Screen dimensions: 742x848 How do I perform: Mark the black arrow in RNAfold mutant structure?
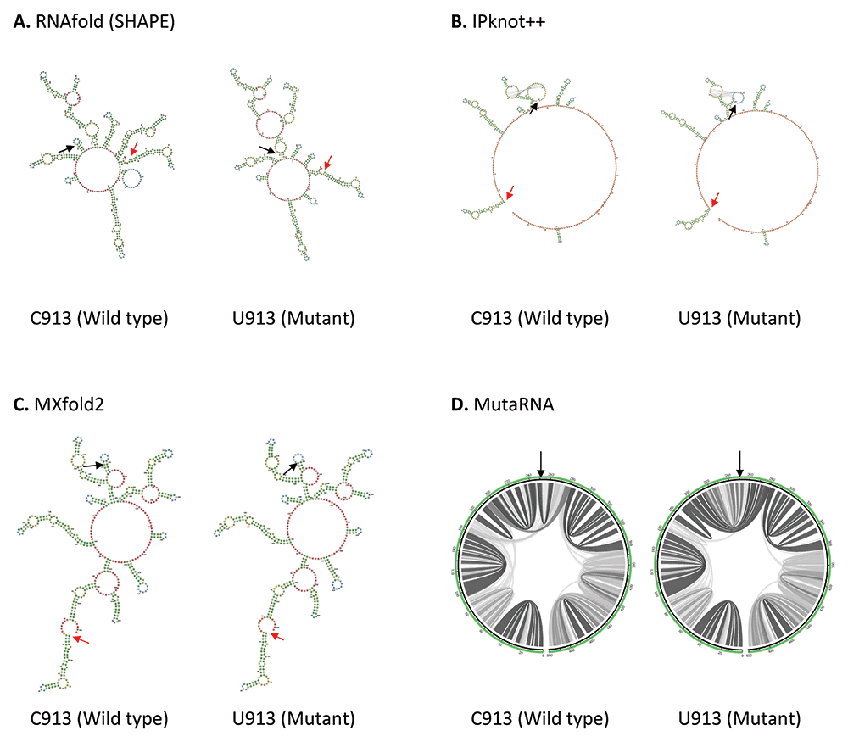click(267, 149)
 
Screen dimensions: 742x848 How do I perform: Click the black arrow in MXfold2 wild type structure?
click(93, 465)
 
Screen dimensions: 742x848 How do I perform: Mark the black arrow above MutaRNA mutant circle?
click(740, 462)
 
